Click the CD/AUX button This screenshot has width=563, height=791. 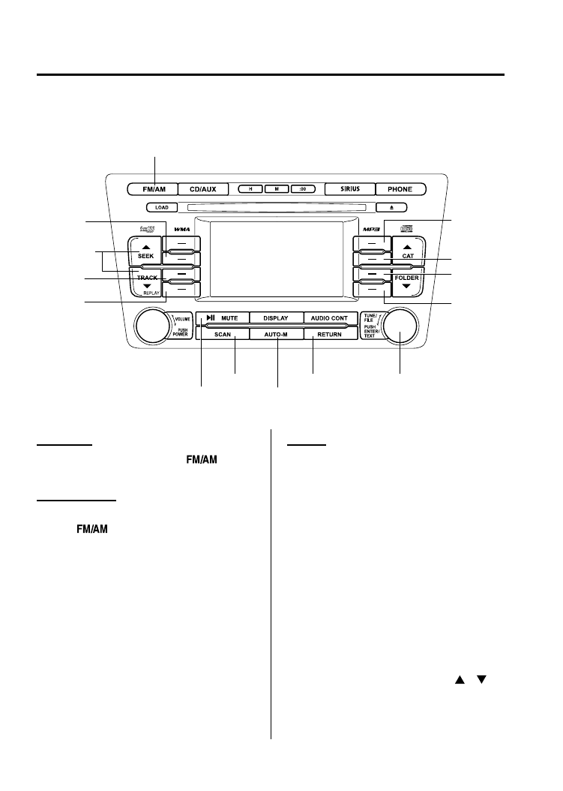[202, 189]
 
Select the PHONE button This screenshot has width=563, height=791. [400, 189]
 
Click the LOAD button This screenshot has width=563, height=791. [162, 206]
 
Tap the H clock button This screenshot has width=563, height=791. [251, 189]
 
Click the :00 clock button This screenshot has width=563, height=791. [303, 189]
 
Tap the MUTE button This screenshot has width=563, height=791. [222, 318]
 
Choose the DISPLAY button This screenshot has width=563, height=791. [276, 318]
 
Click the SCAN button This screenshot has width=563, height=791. [222, 335]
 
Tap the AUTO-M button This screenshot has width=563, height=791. [276, 335]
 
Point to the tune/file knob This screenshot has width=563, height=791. [400, 327]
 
